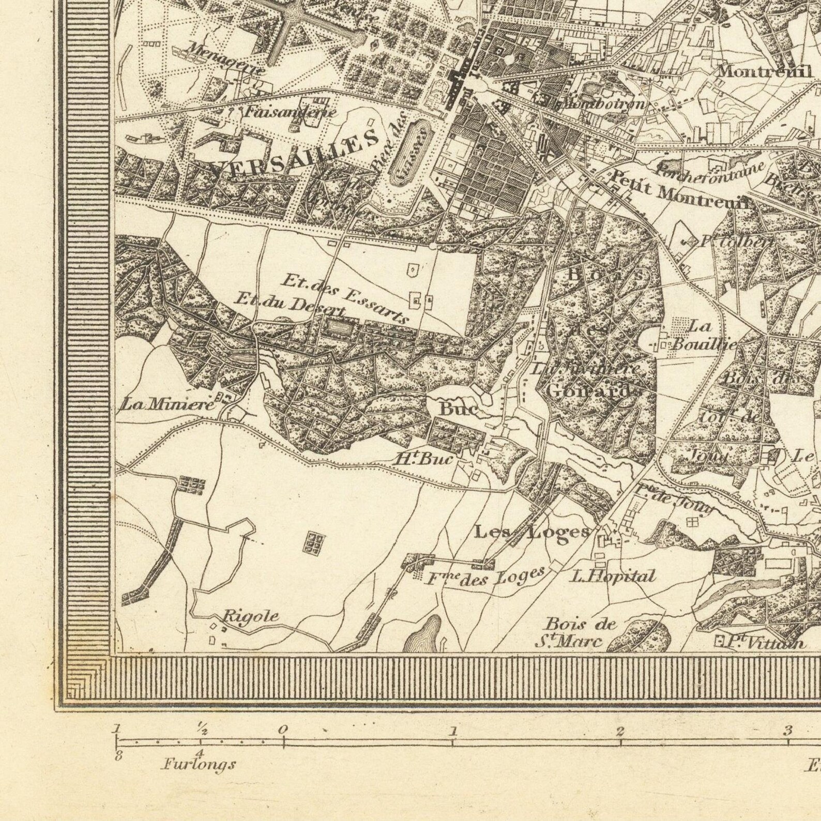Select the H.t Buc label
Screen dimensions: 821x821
pyautogui.click(x=424, y=459)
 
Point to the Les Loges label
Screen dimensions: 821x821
pyautogui.click(x=532, y=532)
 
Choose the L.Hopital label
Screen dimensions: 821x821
pyautogui.click(x=613, y=576)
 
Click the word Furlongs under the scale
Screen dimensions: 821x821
pyautogui.click(x=199, y=764)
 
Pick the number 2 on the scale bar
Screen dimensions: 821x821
pyautogui.click(x=620, y=731)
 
